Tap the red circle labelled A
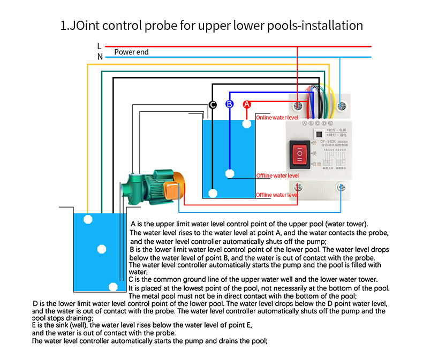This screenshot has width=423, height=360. point(247,104)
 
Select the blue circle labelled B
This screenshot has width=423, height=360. point(229,104)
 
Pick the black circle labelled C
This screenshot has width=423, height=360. point(213,105)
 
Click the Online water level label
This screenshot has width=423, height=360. point(277,117)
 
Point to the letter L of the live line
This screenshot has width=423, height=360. point(99,47)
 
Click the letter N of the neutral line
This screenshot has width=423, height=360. point(100,56)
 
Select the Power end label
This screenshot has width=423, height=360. point(131,52)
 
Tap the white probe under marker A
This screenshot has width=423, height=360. point(246,124)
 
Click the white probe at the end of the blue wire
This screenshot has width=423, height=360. point(230,173)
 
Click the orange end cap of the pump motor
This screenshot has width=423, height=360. point(172,189)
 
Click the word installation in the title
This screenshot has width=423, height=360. point(328,25)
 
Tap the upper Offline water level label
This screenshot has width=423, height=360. point(277,175)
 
